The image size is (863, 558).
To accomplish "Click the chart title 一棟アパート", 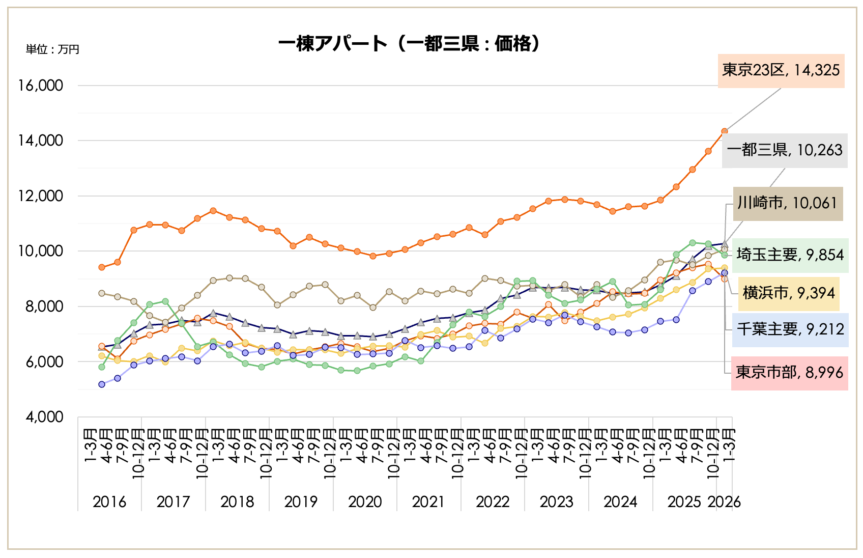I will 410,44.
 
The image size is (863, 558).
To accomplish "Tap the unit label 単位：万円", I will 52,49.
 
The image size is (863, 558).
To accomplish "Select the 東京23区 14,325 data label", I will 781,70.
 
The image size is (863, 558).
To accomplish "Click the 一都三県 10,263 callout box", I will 784,150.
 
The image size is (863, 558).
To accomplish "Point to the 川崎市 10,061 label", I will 787,203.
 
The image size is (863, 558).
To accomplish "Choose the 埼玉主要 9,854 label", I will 790,255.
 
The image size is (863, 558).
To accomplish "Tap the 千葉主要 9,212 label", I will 790,329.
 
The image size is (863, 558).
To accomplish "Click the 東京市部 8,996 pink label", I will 789,373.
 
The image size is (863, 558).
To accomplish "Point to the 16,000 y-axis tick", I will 41,86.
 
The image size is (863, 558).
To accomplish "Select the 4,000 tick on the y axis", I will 45,417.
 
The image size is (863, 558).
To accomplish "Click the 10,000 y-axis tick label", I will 41,251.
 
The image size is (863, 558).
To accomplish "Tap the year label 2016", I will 109,502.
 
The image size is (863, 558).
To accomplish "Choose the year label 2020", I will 365,502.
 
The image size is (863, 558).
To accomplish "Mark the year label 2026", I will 725,502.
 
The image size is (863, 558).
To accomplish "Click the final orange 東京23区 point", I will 724,131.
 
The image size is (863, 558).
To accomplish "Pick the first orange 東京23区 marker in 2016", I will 102,267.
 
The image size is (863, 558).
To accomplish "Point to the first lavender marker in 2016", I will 102,384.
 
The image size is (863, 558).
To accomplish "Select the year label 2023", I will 556,502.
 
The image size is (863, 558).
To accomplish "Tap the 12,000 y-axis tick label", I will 41,196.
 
